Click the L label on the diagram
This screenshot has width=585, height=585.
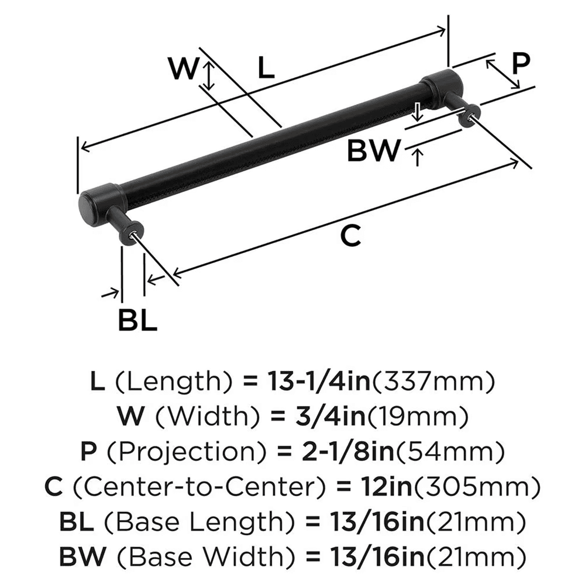(x=266, y=69)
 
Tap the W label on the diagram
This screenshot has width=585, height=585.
(x=183, y=69)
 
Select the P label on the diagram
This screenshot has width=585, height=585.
(x=520, y=63)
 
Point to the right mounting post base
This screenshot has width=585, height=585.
(x=470, y=115)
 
